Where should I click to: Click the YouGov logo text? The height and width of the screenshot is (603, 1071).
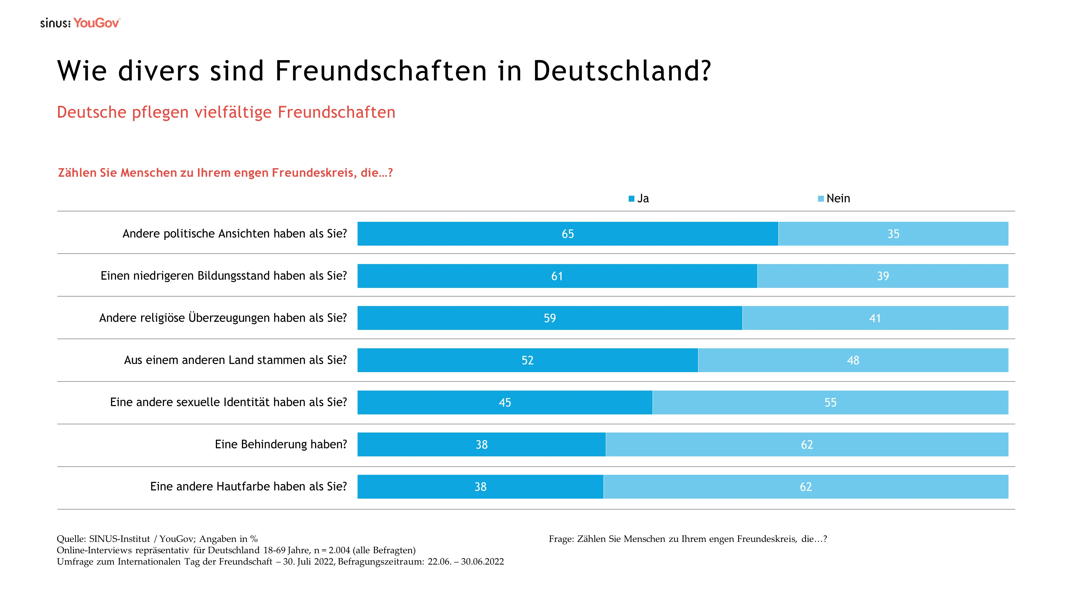click(x=96, y=23)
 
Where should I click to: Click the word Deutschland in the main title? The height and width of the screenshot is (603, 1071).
click(x=622, y=71)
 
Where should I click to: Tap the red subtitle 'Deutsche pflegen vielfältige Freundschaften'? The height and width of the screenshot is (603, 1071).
click(x=226, y=112)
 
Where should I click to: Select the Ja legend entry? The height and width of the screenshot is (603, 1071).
click(x=639, y=199)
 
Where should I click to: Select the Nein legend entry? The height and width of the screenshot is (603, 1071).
click(x=834, y=199)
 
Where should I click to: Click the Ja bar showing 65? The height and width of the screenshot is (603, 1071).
click(x=568, y=234)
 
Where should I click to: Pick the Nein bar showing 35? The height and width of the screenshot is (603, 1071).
click(x=893, y=234)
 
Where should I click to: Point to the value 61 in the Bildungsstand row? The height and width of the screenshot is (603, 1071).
click(x=557, y=276)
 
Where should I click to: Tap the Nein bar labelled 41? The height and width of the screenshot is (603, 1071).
click(x=875, y=318)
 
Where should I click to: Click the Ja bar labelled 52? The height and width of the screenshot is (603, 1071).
click(x=527, y=360)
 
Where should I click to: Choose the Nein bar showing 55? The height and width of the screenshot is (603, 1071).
click(x=830, y=402)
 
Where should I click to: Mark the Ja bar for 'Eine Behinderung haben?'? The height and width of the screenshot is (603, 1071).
click(x=481, y=445)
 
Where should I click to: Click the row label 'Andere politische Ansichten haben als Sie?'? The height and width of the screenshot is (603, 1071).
click(x=235, y=234)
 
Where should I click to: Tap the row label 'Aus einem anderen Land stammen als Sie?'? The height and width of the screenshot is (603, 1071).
click(x=235, y=360)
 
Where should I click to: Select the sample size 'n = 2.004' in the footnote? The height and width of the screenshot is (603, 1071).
click(x=332, y=550)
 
